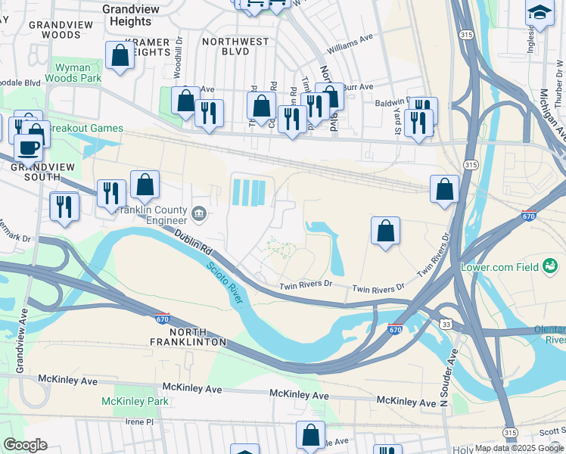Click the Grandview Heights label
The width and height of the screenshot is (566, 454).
point(131,15)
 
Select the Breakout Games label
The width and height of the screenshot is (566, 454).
point(85,128)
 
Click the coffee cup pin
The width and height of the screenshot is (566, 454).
point(28,149)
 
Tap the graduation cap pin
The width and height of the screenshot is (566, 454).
point(540,14)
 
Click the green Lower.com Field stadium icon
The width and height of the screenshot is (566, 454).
point(549,266)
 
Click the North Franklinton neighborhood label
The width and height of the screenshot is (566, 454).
point(188,337)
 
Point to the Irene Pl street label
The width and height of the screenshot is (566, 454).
point(139,421)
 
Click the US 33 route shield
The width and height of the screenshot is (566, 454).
point(446,325)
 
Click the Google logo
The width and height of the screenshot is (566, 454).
point(25,446)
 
